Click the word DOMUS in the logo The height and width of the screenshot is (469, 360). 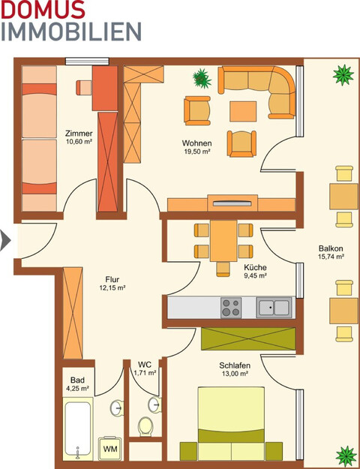[x=43, y=10]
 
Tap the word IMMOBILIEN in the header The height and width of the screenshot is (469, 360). [x=70, y=32]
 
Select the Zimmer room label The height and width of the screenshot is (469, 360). [x=79, y=134]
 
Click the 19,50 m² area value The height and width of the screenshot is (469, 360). [x=196, y=152]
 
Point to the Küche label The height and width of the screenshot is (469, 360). [x=255, y=267]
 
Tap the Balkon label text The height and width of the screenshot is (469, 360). [x=331, y=248]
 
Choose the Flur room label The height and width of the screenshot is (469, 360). [x=112, y=278]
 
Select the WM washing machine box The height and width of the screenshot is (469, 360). [x=110, y=448]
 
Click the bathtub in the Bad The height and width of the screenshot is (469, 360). [x=77, y=431]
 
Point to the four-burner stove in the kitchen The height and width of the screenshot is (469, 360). [x=230, y=306]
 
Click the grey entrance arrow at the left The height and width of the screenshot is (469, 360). [x=5, y=240]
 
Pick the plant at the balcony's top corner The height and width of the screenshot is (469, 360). [x=344, y=74]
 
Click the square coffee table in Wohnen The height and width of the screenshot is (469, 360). [x=243, y=111]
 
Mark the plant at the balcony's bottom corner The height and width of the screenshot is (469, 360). [x=346, y=455]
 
